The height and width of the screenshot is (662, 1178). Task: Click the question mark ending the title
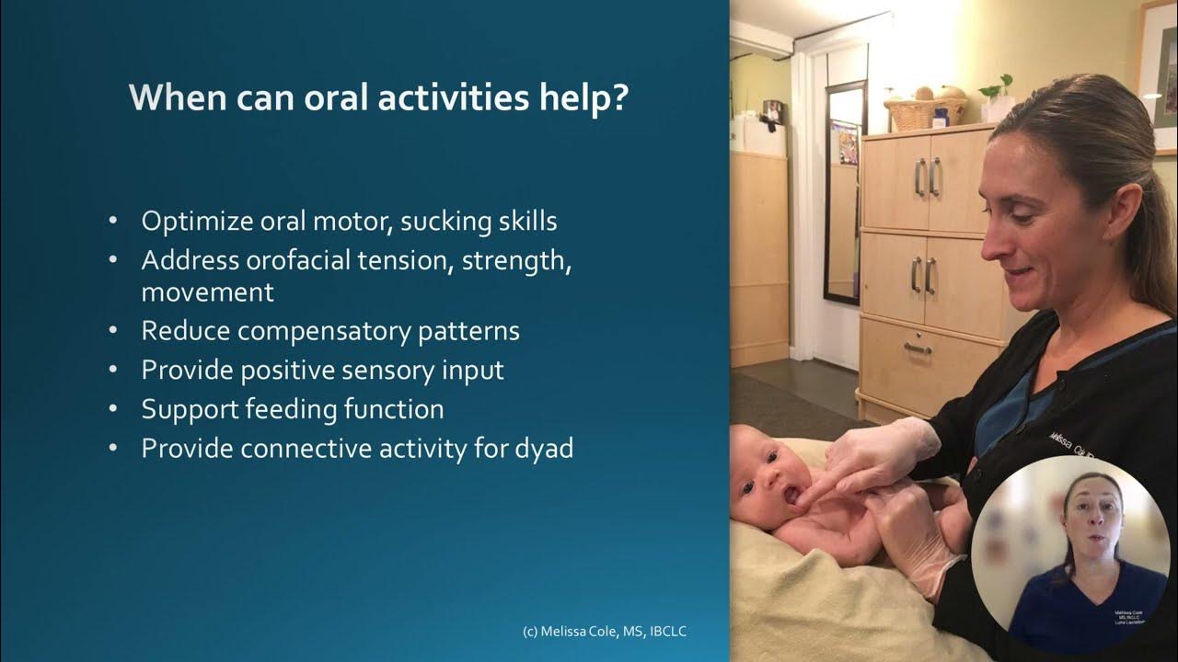[x=618, y=97]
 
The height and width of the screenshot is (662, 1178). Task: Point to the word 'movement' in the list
[x=207, y=292]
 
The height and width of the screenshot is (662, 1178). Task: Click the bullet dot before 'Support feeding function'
[x=113, y=409]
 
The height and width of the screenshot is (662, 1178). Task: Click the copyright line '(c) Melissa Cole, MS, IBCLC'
[x=604, y=632]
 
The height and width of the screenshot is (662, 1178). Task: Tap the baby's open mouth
[x=789, y=496]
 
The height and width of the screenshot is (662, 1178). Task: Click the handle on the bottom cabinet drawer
[x=918, y=348]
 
